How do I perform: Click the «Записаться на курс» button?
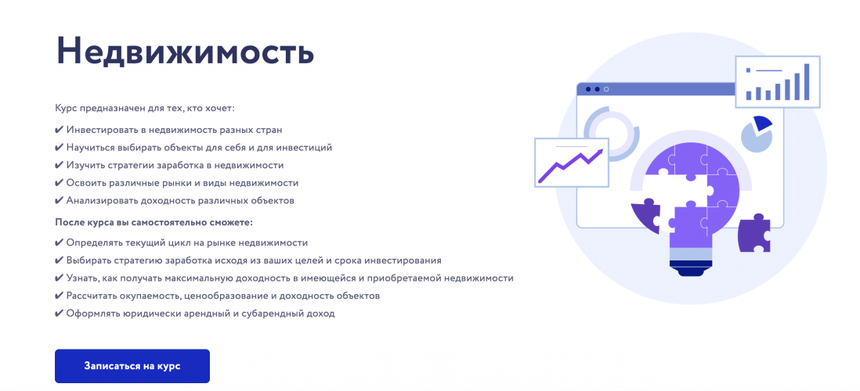pos(132,366)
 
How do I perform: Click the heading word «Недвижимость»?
pos(185,52)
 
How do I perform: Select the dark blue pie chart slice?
pos(762,123)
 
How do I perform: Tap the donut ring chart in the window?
pos(612,133)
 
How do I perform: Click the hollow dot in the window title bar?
pos(605,89)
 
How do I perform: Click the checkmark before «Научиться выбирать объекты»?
pos(60,147)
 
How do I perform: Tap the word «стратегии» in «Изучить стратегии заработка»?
pos(130,165)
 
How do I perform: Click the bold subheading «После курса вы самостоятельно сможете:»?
pos(154,222)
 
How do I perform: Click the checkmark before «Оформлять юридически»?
pos(60,314)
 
